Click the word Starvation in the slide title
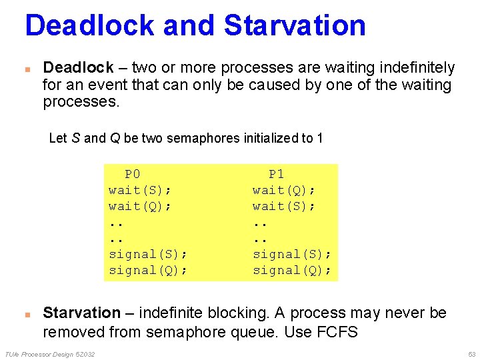(295, 25)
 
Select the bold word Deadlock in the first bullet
(78, 67)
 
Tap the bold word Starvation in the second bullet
(81, 313)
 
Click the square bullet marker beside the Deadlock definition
(27, 68)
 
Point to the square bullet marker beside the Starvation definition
(27, 313)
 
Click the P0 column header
(133, 174)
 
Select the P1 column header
(276, 174)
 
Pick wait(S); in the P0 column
(140, 190)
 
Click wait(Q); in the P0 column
(140, 206)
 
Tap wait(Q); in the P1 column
(284, 190)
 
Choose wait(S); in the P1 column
(284, 206)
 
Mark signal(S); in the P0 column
(148, 254)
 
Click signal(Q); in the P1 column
(292, 270)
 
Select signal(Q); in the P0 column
(148, 270)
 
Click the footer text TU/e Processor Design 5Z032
(49, 353)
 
